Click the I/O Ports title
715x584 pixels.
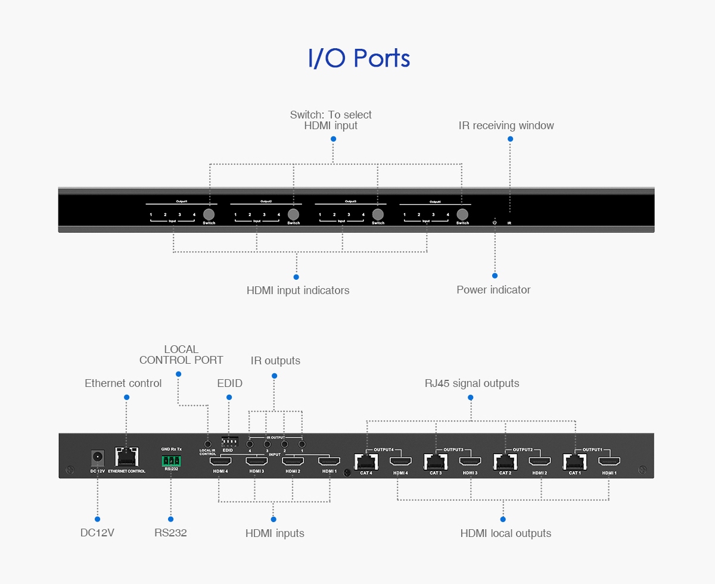[359, 58]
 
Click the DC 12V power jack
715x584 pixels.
[97, 458]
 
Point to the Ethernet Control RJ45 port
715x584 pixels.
[126, 457]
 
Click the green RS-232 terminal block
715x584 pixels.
[170, 460]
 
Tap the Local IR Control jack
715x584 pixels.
[207, 444]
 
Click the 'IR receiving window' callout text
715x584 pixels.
[506, 126]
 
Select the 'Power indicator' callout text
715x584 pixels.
[493, 290]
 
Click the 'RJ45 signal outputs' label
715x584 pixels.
[471, 383]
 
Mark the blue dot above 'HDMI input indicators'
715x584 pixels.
[296, 277]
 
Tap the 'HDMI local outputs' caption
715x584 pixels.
[505, 533]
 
